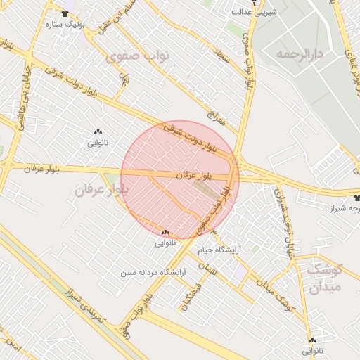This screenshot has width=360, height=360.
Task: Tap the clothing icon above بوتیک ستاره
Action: (x=65, y=13)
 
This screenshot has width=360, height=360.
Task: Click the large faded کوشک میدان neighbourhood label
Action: (x=324, y=278)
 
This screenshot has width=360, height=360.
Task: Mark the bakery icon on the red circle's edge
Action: (x=166, y=232)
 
